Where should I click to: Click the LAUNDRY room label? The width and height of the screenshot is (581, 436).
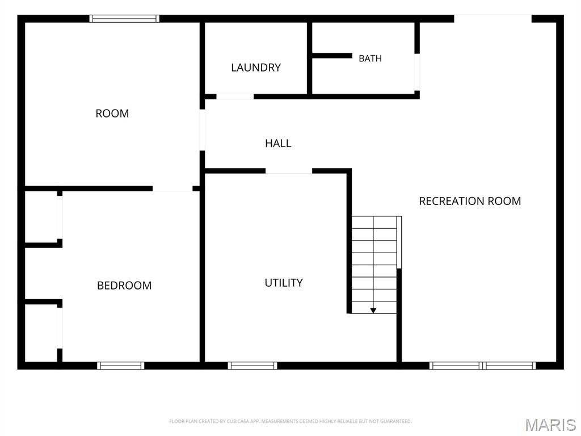pos(256,68)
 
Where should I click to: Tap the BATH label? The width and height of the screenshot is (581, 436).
pos(370,58)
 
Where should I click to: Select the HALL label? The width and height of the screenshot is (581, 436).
pos(278,143)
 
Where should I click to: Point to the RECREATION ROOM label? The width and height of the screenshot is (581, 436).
pos(470,201)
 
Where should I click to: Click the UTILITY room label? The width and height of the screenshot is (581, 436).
pos(284,283)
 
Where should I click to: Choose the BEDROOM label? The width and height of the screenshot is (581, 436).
pos(124,286)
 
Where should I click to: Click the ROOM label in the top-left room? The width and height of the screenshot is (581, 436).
pos(112,114)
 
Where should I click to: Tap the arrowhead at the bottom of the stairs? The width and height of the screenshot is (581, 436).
pos(373,311)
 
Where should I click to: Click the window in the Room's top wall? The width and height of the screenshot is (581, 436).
pos(124,19)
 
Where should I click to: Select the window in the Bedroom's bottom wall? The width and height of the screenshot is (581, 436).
pos(121,366)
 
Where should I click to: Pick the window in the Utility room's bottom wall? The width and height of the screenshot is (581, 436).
pos(252,366)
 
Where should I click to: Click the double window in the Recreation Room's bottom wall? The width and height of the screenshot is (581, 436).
pos(482,366)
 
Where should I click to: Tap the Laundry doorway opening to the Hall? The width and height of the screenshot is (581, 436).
pos(235,97)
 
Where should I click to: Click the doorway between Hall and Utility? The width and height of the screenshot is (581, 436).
pos(289,171)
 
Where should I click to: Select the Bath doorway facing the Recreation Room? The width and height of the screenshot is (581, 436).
pos(417,72)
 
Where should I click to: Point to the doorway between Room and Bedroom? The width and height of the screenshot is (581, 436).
pos(172,188)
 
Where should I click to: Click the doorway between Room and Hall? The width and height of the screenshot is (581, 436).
pos(203,130)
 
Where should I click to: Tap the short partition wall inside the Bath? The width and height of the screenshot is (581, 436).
pos(332,56)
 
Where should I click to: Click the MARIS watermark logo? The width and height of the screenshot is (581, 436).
pos(550,425)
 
